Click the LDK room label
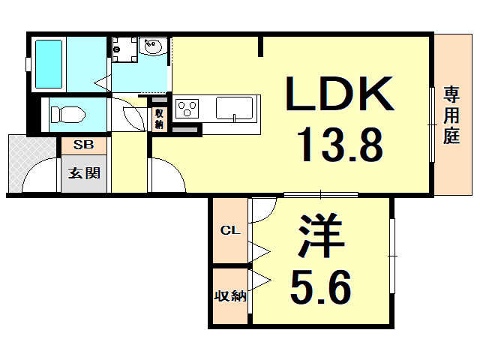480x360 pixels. pyautogui.click(x=340, y=93)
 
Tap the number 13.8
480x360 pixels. pyautogui.click(x=340, y=145)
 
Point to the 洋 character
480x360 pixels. pyautogui.click(x=322, y=235)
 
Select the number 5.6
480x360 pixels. pyautogui.click(x=320, y=287)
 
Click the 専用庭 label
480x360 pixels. pyautogui.click(x=451, y=115)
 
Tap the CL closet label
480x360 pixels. pyautogui.click(x=230, y=230)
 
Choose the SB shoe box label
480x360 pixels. pyautogui.click(x=83, y=145)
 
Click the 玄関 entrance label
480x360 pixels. pyautogui.click(x=84, y=173)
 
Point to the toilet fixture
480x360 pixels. pyautogui.click(x=67, y=115)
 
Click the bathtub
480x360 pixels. pyautogui.click(x=49, y=64)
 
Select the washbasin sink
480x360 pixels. pyautogui.click(x=153, y=46)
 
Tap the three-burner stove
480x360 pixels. pyautogui.click(x=187, y=109)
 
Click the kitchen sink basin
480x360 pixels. pyautogui.click(x=235, y=108)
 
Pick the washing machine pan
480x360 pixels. pyautogui.click(x=124, y=49)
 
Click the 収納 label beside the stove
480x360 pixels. pyautogui.click(x=159, y=118)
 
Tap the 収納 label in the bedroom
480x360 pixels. pyautogui.click(x=230, y=296)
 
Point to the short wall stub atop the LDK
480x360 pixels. pyautogui.click(x=260, y=46)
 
